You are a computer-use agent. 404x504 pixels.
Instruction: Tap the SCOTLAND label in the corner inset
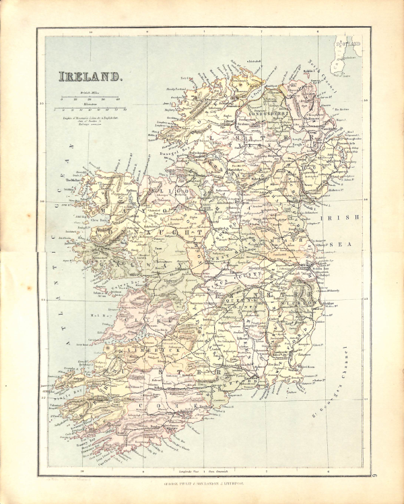coord(347,45)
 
